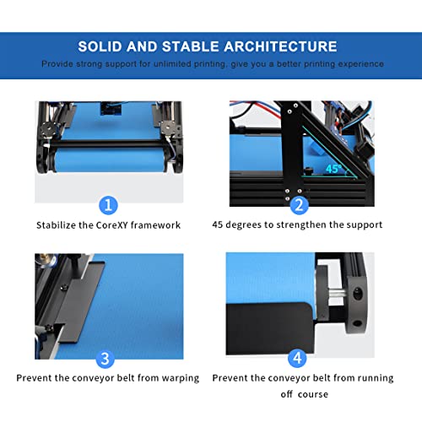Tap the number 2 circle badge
click(x=297, y=204)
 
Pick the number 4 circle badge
click(x=297, y=358)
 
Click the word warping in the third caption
click(x=176, y=377)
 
